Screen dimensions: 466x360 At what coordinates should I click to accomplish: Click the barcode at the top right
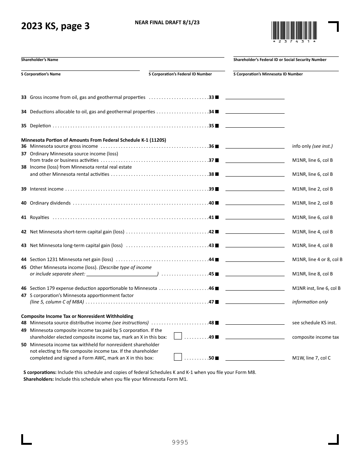[x=294, y=31]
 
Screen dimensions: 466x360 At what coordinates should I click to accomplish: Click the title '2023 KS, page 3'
[x=55, y=27]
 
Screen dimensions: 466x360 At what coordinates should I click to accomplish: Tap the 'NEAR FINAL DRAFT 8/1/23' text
[x=167, y=22]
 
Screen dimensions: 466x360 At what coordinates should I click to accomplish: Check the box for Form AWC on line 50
[x=178, y=357]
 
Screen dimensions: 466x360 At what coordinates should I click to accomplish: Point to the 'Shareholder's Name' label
[x=39, y=60]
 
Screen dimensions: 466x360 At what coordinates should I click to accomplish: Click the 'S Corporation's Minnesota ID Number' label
[x=268, y=74]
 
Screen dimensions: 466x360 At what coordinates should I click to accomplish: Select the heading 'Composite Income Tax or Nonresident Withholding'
[x=77, y=316]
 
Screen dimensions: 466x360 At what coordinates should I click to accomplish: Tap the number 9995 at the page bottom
[x=180, y=442]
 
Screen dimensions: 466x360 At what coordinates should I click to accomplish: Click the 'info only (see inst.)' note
[x=312, y=146]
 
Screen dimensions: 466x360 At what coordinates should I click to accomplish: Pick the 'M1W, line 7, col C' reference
[x=311, y=358]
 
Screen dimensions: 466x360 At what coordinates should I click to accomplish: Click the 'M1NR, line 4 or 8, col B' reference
[x=317, y=260]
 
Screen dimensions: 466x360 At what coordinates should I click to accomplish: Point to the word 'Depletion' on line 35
[x=40, y=126]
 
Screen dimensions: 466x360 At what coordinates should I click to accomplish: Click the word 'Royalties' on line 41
[x=39, y=217]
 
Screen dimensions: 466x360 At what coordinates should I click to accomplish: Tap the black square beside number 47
[x=217, y=302]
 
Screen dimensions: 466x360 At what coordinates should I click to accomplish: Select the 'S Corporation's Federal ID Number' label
[x=180, y=74]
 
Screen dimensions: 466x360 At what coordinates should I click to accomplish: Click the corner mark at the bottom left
[x=26, y=439]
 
